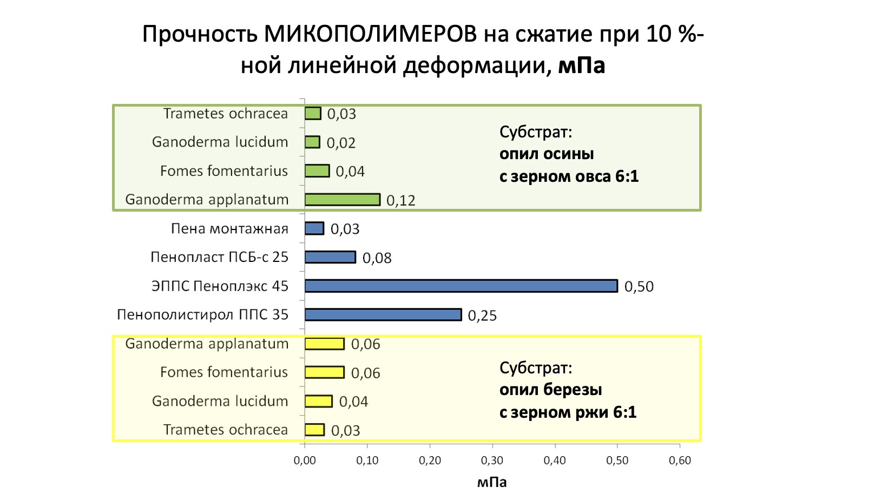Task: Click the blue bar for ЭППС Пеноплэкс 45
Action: [x=461, y=286]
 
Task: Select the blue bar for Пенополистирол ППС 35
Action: [x=383, y=314]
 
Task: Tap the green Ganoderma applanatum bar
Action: [x=343, y=200]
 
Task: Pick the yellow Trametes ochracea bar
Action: [x=314, y=430]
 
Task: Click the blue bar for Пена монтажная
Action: [x=314, y=228]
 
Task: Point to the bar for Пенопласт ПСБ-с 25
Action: [x=330, y=257]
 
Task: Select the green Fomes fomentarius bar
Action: [x=317, y=171]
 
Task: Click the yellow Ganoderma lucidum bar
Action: [x=318, y=401]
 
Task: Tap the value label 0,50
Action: [x=639, y=287]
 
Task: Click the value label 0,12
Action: [x=401, y=201]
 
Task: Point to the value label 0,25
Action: [x=482, y=316]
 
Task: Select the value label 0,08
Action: [x=377, y=258]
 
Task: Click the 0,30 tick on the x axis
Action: [x=492, y=460]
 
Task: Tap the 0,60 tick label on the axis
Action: [x=680, y=460]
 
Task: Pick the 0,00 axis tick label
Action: [x=305, y=460]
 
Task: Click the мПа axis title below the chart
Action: [x=492, y=482]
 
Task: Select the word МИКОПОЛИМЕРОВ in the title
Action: [x=371, y=34]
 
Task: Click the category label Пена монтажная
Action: [x=229, y=229]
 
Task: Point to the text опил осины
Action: [x=547, y=154]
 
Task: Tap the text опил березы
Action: [x=550, y=390]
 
